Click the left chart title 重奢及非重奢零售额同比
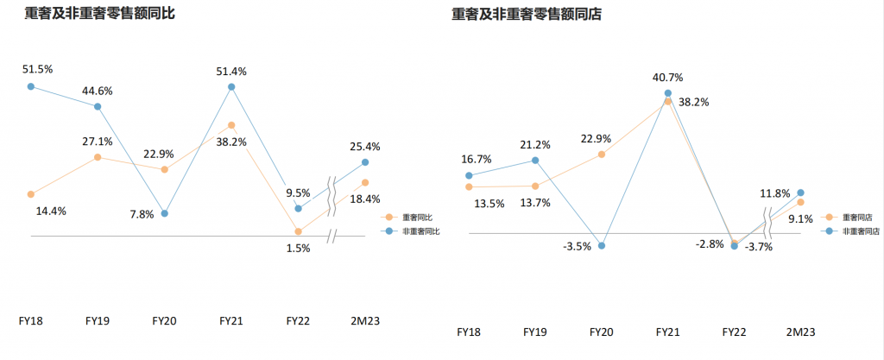pos(100,14)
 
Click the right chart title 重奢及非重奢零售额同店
pos(527,15)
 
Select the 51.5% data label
pos(38,69)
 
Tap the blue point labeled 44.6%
pos(98,106)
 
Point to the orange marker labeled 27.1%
pos(98,157)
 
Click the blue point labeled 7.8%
pos(165,213)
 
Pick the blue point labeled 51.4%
pos(231,86)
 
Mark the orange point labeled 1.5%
pos(298,231)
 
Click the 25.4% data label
pos(365,147)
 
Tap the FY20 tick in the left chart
pos(165,321)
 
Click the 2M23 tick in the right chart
pos(800,332)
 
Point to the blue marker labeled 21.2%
pos(535,160)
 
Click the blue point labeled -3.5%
pos(602,246)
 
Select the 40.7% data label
pos(667,77)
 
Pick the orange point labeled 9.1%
pos(800,202)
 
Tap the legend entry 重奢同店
pos(849,217)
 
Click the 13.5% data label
pos(489,204)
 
